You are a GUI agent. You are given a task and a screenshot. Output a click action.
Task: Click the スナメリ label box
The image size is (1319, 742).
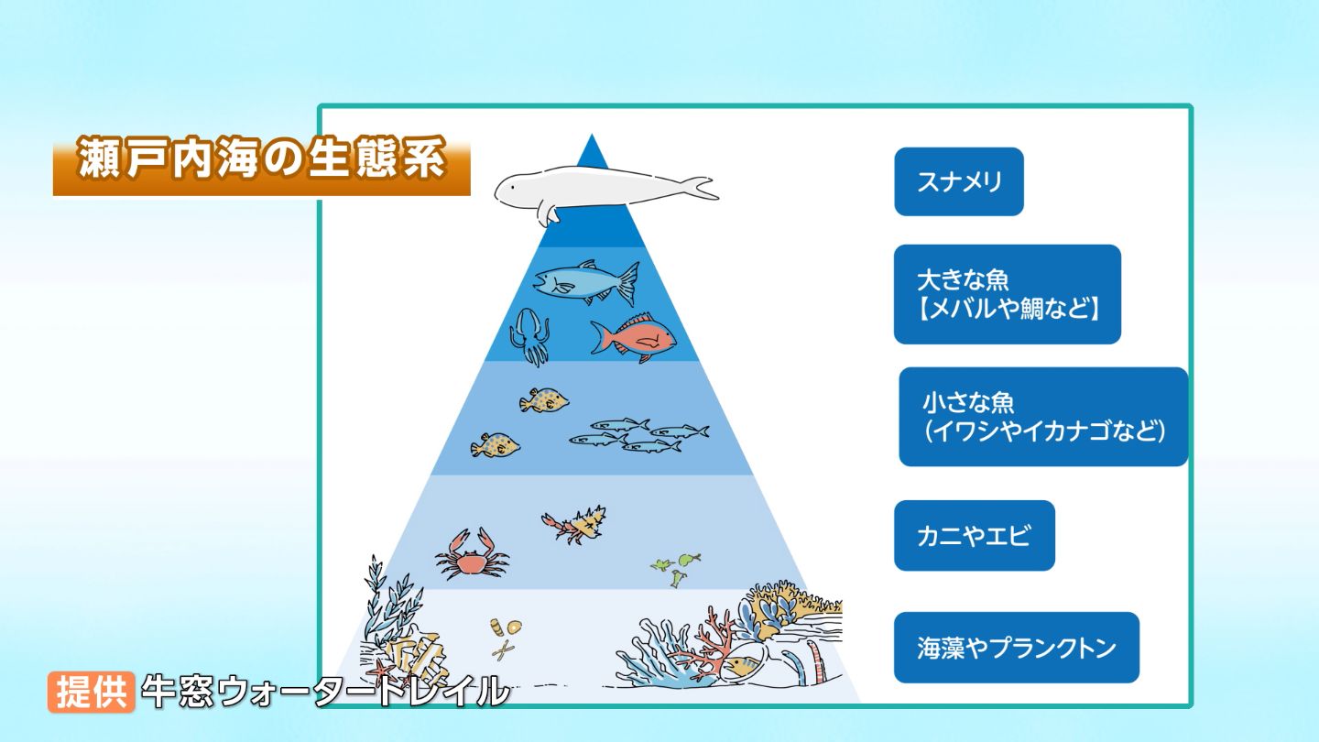(959, 181)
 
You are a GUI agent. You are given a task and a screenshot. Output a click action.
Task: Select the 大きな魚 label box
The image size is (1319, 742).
(1007, 294)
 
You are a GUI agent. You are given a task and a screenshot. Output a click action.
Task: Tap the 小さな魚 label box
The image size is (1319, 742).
(1043, 417)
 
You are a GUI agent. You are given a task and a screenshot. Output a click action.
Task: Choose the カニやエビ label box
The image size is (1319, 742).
(975, 535)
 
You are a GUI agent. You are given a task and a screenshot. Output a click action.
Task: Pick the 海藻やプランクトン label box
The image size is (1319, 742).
(1017, 648)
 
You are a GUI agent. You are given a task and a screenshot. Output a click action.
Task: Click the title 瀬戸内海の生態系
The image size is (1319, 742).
(261, 159)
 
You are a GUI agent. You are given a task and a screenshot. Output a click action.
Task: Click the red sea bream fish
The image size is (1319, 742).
(634, 338)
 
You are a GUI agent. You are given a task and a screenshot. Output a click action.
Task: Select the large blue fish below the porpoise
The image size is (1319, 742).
(586, 281)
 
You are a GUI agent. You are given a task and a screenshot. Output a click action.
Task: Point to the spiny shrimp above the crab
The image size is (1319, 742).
(574, 524)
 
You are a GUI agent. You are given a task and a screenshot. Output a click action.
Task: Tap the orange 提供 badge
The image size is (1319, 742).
(92, 692)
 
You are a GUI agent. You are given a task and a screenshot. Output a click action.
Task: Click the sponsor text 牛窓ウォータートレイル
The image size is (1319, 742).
(325, 692)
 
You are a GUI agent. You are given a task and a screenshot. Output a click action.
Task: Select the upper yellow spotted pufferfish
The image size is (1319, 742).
(543, 401)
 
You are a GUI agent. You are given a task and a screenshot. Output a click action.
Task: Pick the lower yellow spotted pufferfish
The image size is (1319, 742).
(495, 445)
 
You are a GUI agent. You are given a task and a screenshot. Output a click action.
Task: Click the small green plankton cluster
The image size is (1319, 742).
(676, 566)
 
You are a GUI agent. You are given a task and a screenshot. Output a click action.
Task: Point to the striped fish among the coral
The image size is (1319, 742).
(743, 665)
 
